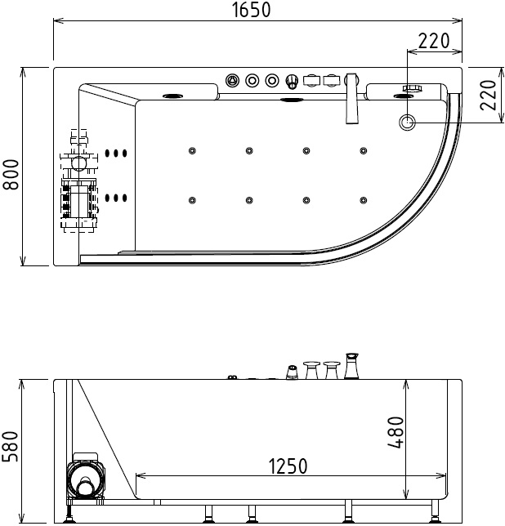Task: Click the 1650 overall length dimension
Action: [x=252, y=10]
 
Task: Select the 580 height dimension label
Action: [x=11, y=447]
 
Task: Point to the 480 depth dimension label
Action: [x=396, y=432]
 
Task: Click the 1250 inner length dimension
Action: [x=288, y=466]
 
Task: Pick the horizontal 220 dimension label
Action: [x=434, y=41]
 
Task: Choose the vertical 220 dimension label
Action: [x=488, y=95]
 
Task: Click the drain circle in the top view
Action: [x=408, y=123]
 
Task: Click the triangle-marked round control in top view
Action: [x=232, y=81]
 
